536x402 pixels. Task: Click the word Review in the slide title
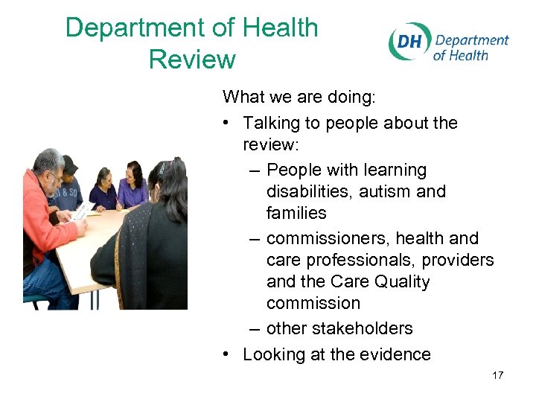[x=192, y=59]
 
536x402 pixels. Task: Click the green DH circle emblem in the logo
[x=409, y=42]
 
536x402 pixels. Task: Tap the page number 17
[x=497, y=375]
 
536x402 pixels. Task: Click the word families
[x=296, y=213]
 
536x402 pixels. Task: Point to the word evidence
[x=395, y=354]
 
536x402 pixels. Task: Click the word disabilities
[x=310, y=191]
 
